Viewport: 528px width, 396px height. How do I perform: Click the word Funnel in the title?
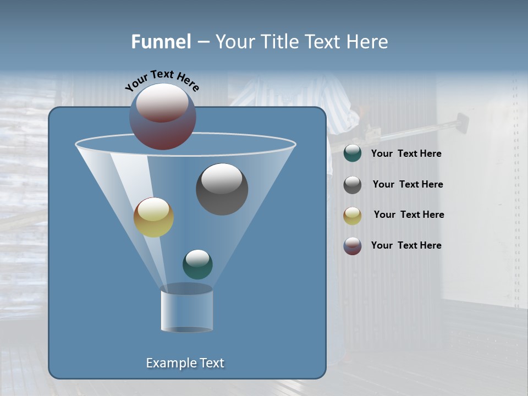pyautogui.click(x=161, y=42)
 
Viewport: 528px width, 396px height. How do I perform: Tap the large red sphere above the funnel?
pyautogui.click(x=163, y=117)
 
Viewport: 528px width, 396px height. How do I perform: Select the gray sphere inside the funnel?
pyautogui.click(x=222, y=189)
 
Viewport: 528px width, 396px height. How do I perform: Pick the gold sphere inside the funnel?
pyautogui.click(x=153, y=217)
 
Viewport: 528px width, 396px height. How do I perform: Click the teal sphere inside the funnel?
pyautogui.click(x=197, y=264)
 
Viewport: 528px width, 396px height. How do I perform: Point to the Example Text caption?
pyautogui.click(x=185, y=363)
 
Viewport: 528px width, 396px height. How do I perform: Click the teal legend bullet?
pyautogui.click(x=353, y=153)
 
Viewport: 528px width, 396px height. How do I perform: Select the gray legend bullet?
pyautogui.click(x=353, y=185)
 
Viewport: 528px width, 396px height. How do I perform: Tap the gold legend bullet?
pyautogui.click(x=353, y=215)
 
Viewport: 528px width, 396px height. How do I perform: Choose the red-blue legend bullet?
pyautogui.click(x=353, y=246)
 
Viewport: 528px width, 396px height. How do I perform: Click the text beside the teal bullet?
pyautogui.click(x=406, y=154)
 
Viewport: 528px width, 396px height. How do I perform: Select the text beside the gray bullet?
pyautogui.click(x=408, y=185)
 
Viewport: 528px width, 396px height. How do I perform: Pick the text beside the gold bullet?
pyautogui.click(x=409, y=215)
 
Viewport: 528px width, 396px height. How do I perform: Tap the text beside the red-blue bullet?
pyautogui.click(x=406, y=245)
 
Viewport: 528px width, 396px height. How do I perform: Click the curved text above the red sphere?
pyautogui.click(x=162, y=80)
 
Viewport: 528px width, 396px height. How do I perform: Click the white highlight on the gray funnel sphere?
pyautogui.click(x=222, y=178)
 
